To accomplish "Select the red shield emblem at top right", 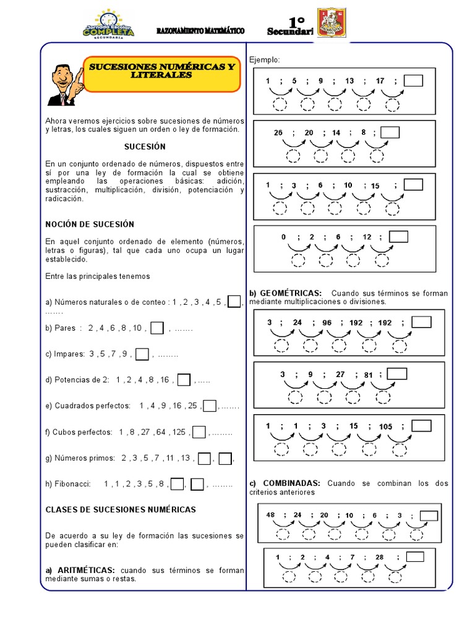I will (331, 23).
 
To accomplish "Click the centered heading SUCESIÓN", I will (145, 147).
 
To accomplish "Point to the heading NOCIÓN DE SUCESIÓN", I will (90, 224).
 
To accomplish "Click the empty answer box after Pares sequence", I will (157, 328).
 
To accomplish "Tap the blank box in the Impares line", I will (142, 354).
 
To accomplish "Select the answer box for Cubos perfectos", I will (199, 432).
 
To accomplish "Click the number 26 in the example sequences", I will (278, 133).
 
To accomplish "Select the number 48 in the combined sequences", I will (270, 515).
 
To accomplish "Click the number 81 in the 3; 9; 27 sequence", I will (369, 374).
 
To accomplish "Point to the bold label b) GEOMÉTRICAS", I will (286, 293).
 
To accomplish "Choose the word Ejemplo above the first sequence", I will (265, 59).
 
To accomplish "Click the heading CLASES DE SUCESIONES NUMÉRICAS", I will (121, 509).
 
